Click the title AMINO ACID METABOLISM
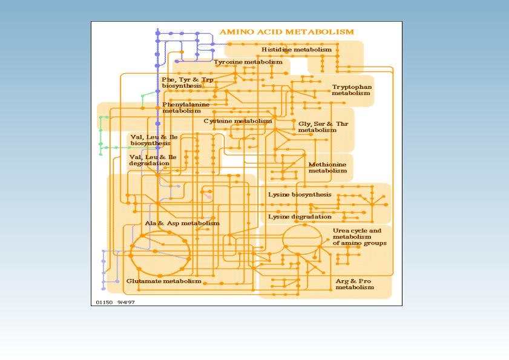pyautogui.click(x=287, y=32)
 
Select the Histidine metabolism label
pyautogui.click(x=297, y=50)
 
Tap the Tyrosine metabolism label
pyautogui.click(x=248, y=62)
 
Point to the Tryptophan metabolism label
pyautogui.click(x=352, y=90)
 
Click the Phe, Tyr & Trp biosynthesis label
pyautogui.click(x=188, y=83)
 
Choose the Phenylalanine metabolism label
pyautogui.click(x=186, y=108)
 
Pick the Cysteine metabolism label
pyautogui.click(x=238, y=121)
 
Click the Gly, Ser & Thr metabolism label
pyautogui.click(x=323, y=127)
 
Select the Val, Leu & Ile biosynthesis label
pyautogui.click(x=154, y=140)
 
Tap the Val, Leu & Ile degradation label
pyautogui.click(x=153, y=160)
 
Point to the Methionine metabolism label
pyautogui.click(x=327, y=168)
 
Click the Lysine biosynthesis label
pyautogui.click(x=300, y=195)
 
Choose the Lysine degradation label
pyautogui.click(x=300, y=217)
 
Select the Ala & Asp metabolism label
pyautogui.click(x=182, y=223)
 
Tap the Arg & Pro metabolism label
pyautogui.click(x=355, y=284)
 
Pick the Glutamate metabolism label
pyautogui.click(x=163, y=281)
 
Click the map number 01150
pyautogui.click(x=104, y=303)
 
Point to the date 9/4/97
pyautogui.click(x=126, y=303)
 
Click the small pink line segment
pyautogui.click(x=208, y=196)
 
